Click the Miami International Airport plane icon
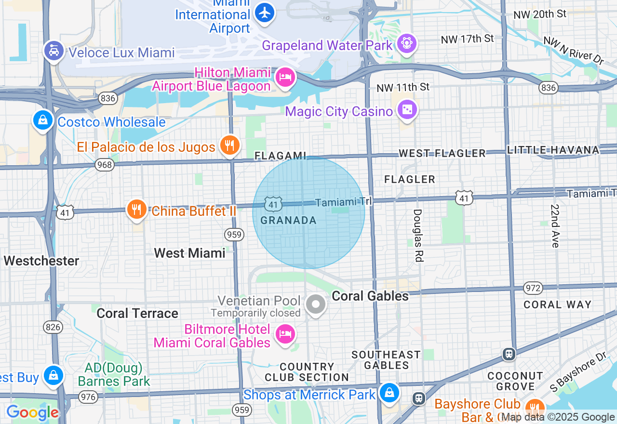[x=264, y=13]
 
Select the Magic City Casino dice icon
[x=407, y=110]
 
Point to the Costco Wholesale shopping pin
[x=43, y=120]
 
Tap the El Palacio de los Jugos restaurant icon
[x=229, y=145]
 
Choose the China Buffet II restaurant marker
[x=137, y=210]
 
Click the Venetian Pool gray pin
[x=316, y=305]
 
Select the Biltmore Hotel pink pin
[x=284, y=334]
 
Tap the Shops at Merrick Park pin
[x=389, y=393]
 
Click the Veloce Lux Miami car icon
[x=54, y=51]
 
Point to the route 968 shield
[x=104, y=165]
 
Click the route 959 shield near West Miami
[x=233, y=235]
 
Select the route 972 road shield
[x=533, y=288]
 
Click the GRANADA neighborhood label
[x=288, y=221]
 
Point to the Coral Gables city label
[x=370, y=296]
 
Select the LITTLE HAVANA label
[x=553, y=150]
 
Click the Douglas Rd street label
[x=417, y=235]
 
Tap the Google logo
[x=32, y=413]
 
